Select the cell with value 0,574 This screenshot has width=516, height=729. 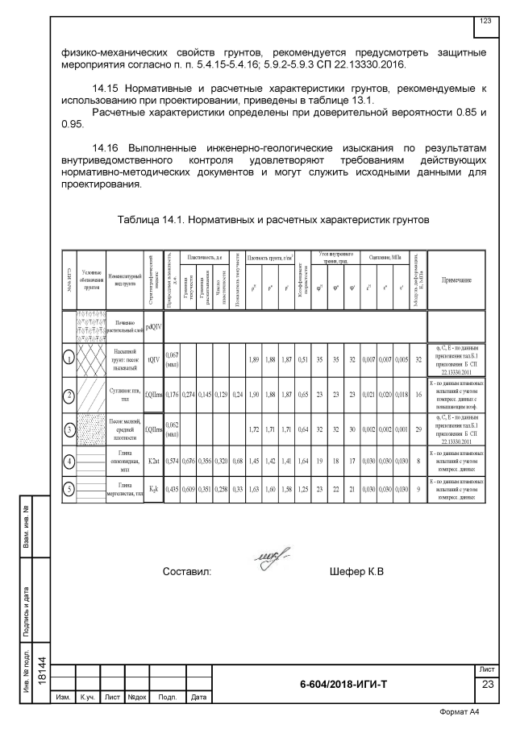click(172, 462)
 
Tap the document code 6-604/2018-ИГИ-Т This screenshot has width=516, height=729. click(343, 684)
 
